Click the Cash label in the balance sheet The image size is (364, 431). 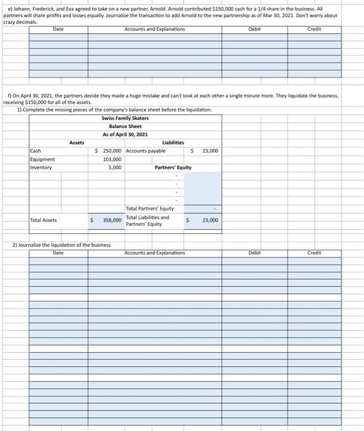click(x=36, y=151)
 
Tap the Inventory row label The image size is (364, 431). click(x=41, y=167)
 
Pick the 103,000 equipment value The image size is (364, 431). click(x=112, y=159)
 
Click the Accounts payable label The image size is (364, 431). click(x=145, y=151)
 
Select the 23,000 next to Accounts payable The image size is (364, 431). click(x=210, y=151)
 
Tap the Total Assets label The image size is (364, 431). click(x=43, y=220)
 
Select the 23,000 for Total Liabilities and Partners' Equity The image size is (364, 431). click(x=210, y=220)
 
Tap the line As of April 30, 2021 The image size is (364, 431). click(x=125, y=134)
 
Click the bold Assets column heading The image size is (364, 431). click(x=77, y=143)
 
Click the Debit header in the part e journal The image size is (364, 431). click(x=255, y=29)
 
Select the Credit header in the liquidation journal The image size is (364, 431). click(x=315, y=253)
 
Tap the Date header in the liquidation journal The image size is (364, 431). click(x=59, y=253)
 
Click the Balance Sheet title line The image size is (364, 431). click(x=125, y=126)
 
